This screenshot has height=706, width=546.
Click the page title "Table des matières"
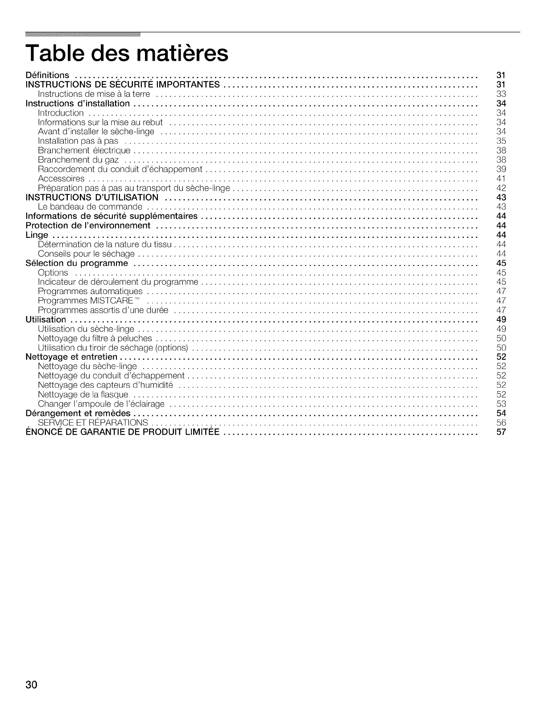[x=127, y=54]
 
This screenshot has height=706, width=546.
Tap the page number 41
[x=501, y=179]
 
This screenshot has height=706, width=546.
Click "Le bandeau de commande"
[x=90, y=207]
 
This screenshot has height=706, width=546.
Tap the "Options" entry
[x=53, y=272]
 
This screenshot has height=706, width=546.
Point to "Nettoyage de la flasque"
[x=83, y=394]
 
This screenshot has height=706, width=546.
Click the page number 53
[x=501, y=403]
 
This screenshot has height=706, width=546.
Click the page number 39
[x=501, y=169]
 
